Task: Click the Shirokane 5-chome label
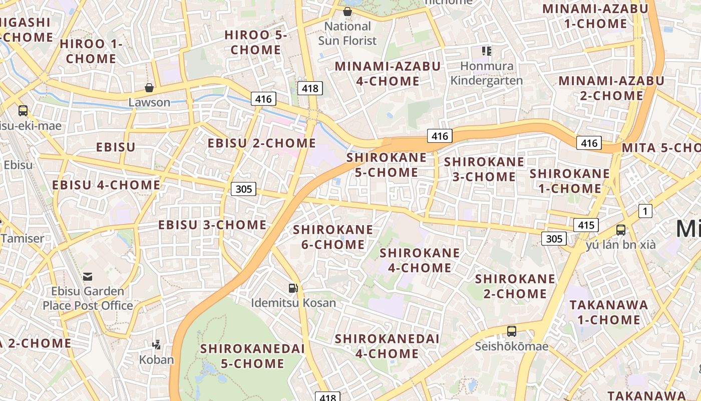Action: (x=387, y=165)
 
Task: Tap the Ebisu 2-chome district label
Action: (x=262, y=143)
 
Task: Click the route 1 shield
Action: (x=645, y=212)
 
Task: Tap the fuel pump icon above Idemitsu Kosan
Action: (x=293, y=288)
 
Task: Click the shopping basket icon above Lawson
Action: (x=149, y=88)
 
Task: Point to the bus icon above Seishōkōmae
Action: (x=511, y=331)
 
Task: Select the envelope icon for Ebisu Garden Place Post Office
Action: (x=88, y=276)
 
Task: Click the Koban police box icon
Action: (x=157, y=344)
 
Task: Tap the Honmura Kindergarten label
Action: (x=486, y=73)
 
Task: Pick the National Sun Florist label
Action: (x=347, y=33)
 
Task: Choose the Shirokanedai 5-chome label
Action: (x=252, y=356)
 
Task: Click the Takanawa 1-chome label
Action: (x=608, y=312)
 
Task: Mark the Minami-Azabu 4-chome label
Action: (x=388, y=74)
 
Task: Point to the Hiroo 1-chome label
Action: (x=91, y=51)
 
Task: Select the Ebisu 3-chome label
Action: (x=212, y=225)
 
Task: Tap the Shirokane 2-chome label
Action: (x=515, y=286)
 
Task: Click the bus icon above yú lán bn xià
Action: (x=621, y=230)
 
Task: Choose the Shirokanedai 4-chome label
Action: (x=387, y=346)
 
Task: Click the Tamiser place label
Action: (x=23, y=238)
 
